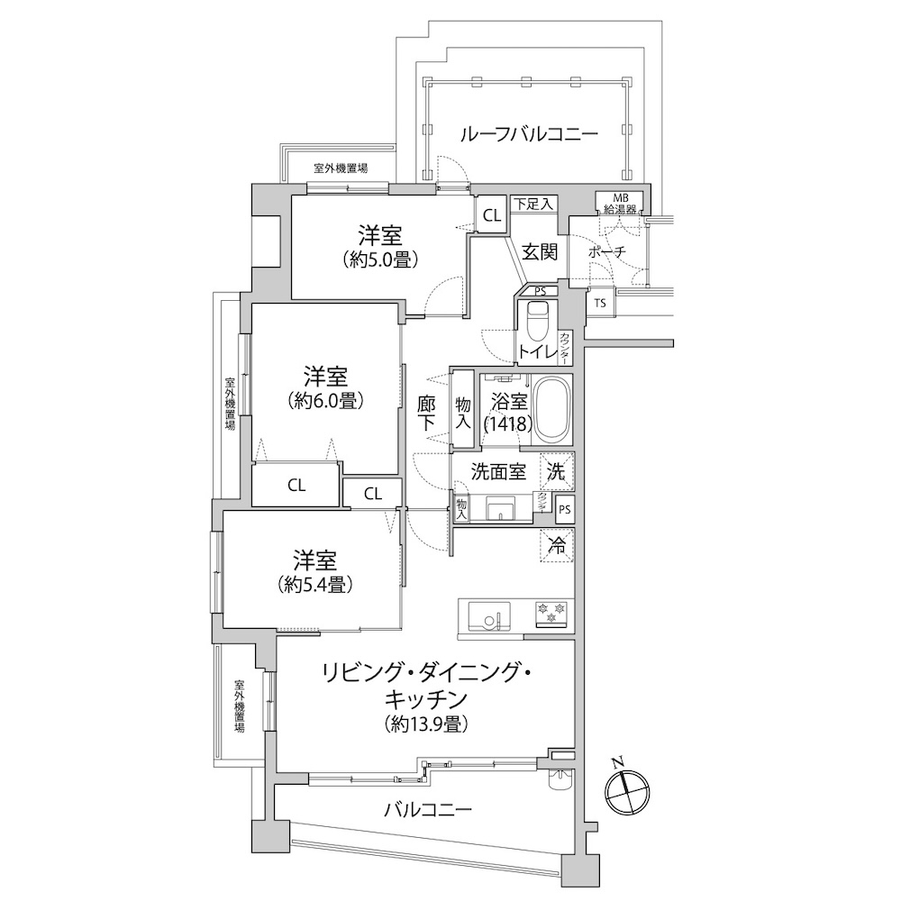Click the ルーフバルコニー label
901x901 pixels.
point(529,134)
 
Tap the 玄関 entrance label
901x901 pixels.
point(540,251)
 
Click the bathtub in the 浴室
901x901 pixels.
point(551,410)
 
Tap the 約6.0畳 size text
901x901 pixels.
point(326,401)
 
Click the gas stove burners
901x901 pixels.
point(551,612)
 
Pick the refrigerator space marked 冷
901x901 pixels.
point(557,545)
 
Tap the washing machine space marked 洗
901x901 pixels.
point(557,471)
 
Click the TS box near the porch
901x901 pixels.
point(600,303)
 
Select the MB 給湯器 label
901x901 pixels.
point(620,204)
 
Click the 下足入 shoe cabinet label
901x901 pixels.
point(532,204)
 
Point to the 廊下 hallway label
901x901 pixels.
point(426,414)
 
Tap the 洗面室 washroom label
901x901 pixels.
point(498,472)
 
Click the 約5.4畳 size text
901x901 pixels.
point(314,585)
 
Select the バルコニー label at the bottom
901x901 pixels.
point(428,810)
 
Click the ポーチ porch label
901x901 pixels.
point(607,252)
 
